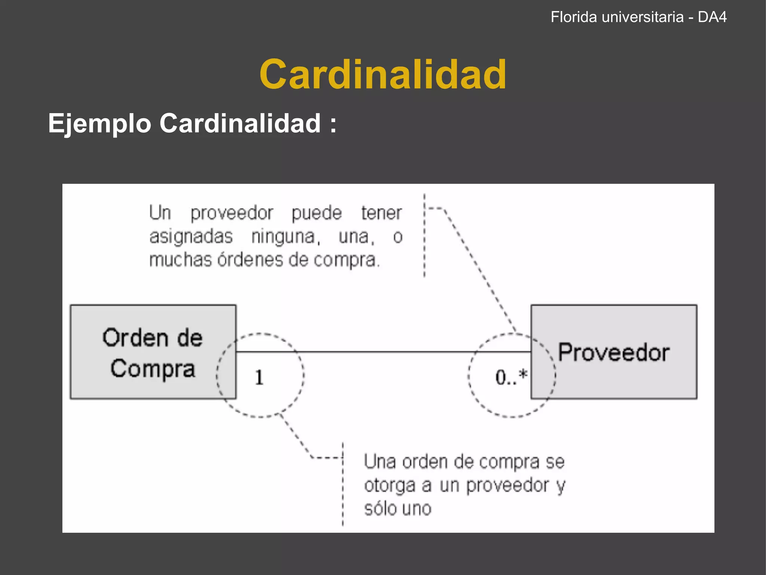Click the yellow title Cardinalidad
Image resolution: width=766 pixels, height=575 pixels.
pyautogui.click(x=383, y=74)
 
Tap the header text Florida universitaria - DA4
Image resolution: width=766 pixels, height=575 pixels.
pyautogui.click(x=638, y=17)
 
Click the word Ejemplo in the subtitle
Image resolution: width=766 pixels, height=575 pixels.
pyautogui.click(x=99, y=124)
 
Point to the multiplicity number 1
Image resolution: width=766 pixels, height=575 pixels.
pyautogui.click(x=259, y=377)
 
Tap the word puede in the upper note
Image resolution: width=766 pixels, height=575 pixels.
pyautogui.click(x=316, y=213)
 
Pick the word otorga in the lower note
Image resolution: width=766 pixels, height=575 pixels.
pyautogui.click(x=389, y=486)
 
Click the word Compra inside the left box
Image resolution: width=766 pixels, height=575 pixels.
pyautogui.click(x=153, y=369)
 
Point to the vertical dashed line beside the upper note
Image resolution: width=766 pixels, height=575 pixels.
pyautogui.click(x=424, y=236)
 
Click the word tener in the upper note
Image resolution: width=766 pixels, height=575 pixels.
pyautogui.click(x=381, y=213)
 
